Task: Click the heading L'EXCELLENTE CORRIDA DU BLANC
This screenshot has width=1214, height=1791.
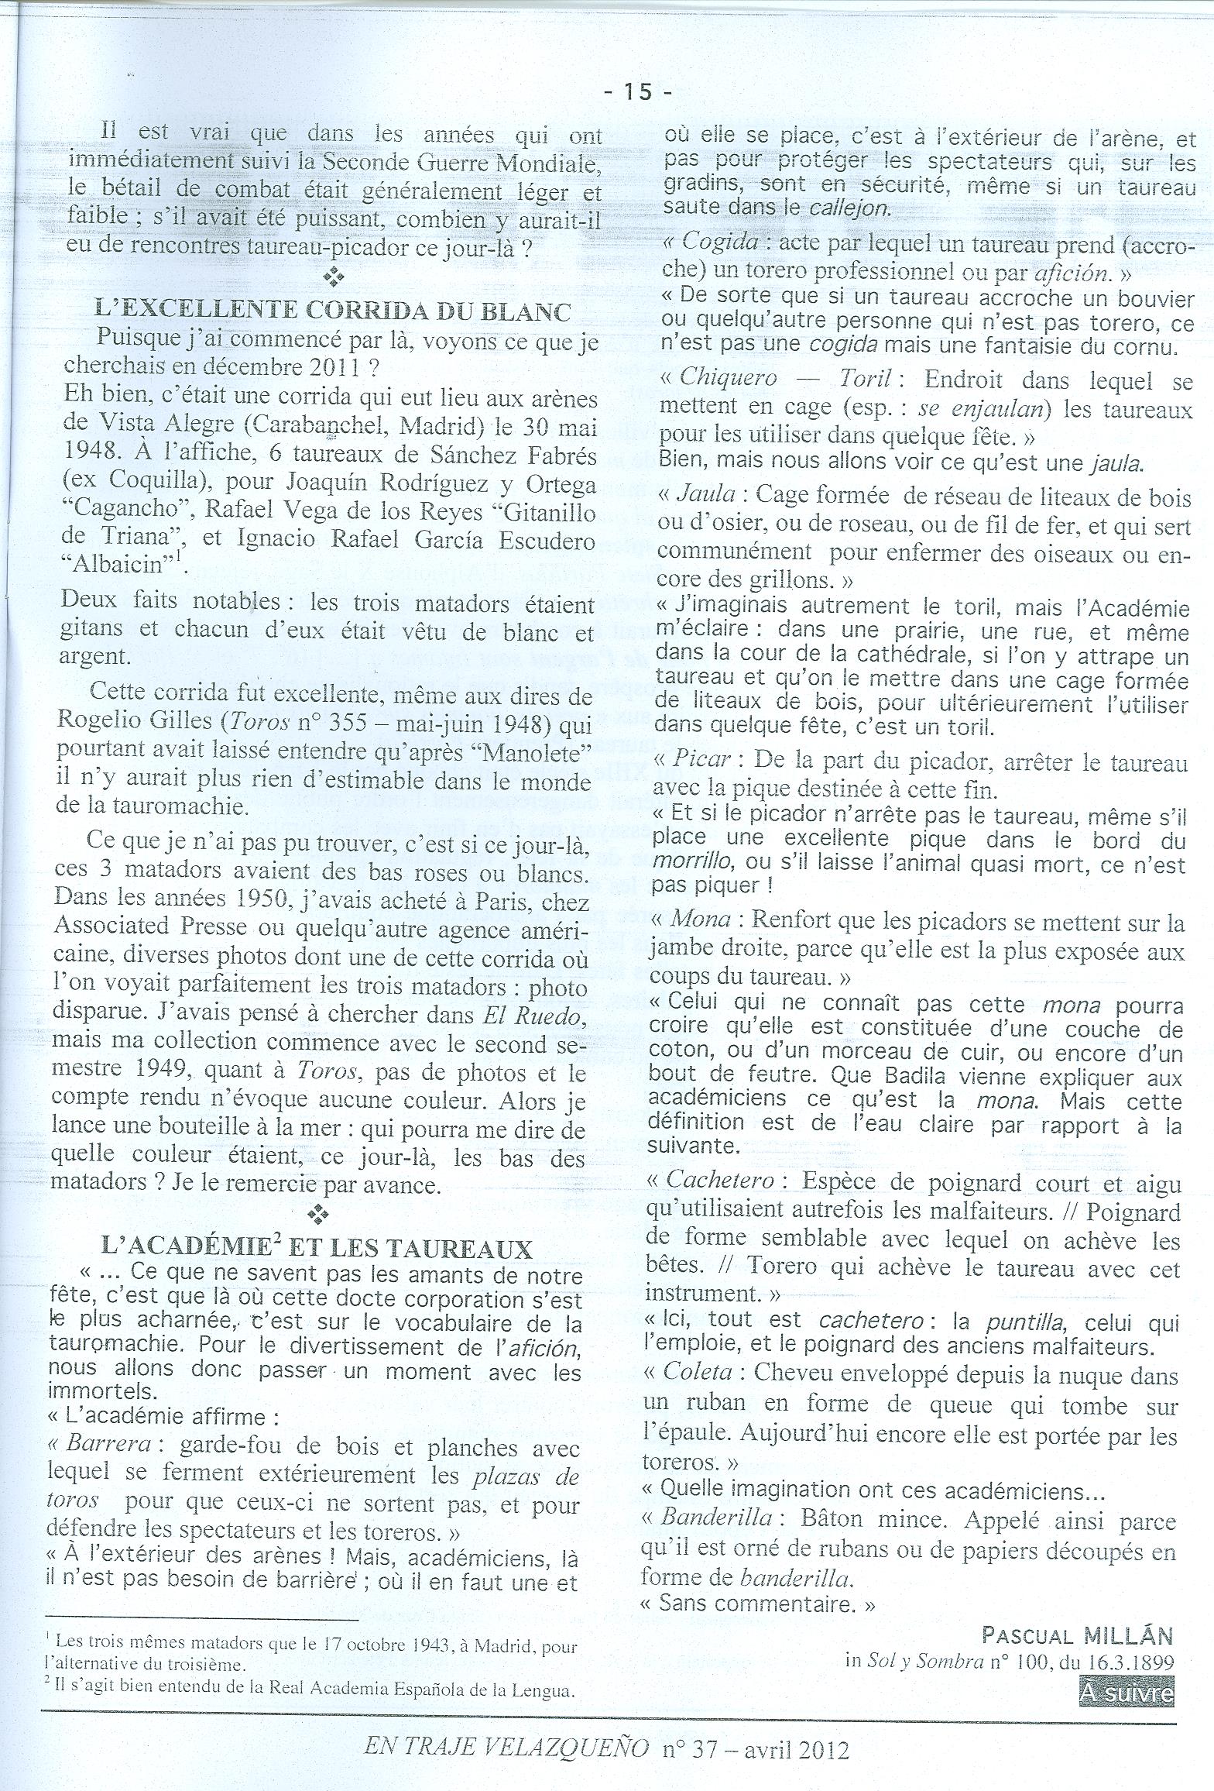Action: pos(332,311)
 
